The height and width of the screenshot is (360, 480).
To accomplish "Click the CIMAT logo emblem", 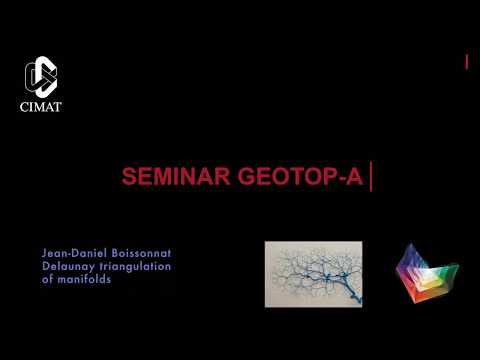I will tap(41, 77).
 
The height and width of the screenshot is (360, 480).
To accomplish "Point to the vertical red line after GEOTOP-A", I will tap(371, 178).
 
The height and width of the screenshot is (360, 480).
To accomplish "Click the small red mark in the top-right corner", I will tap(467, 62).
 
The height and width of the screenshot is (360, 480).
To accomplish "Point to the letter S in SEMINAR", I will tap(128, 177).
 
